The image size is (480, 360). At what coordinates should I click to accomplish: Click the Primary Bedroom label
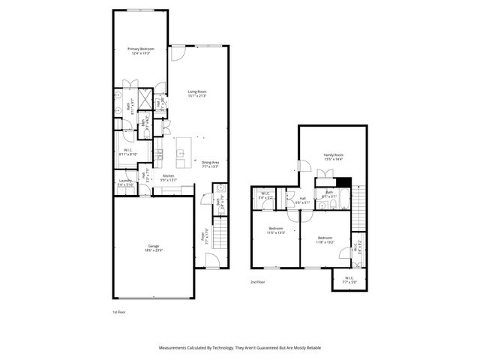[140, 51]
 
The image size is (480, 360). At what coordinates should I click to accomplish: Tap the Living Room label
[197, 94]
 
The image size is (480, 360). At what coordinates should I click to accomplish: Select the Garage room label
[153, 248]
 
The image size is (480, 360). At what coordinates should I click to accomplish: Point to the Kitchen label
[169, 178]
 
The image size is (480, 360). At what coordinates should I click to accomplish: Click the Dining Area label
[210, 164]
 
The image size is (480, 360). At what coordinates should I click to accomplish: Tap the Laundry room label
[125, 182]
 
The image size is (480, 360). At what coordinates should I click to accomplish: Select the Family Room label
[333, 157]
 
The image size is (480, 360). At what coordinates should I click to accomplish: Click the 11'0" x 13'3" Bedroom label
[276, 230]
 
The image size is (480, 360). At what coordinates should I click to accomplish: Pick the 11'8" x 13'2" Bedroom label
[325, 240]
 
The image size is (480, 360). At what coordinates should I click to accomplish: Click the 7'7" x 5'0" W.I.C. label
[349, 280]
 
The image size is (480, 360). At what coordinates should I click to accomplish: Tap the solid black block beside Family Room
[343, 181]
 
